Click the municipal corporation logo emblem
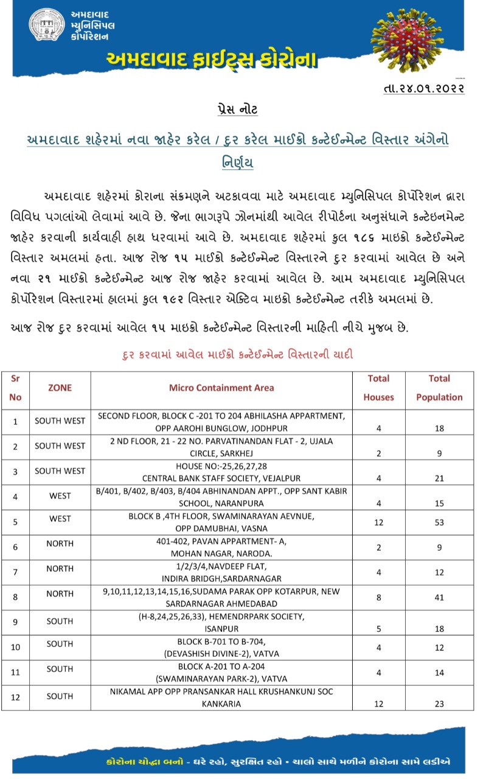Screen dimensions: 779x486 (47, 26)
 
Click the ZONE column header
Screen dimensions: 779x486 (60, 388)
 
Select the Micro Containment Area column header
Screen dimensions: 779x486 (221, 388)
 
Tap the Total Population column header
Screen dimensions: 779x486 (439, 388)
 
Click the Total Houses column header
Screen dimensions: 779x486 (378, 388)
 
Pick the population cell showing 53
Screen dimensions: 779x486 (439, 523)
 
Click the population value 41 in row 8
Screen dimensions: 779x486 (439, 598)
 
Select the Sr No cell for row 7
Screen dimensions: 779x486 (16, 573)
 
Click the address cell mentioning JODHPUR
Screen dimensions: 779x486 (221, 421)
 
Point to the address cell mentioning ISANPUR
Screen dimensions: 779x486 (221, 621)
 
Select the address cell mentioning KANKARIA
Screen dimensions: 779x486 (221, 697)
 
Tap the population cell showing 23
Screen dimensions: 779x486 (439, 704)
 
